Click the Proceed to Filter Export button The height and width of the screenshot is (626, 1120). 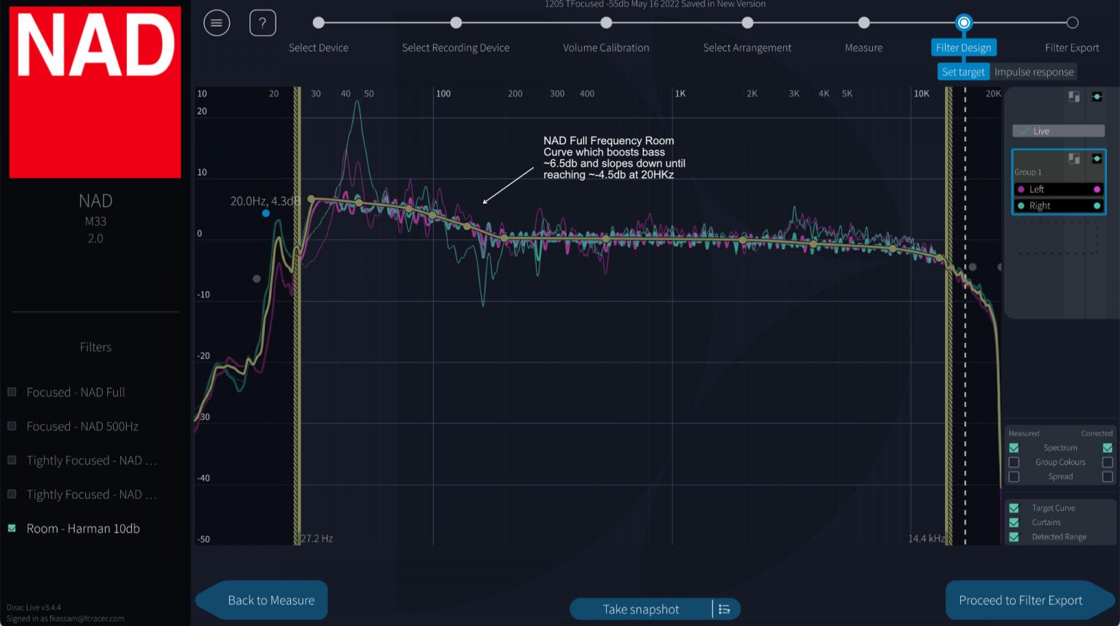point(1020,600)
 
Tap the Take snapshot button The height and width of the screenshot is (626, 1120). point(640,609)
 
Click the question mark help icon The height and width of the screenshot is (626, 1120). point(262,23)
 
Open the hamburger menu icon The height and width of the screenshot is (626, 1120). point(217,23)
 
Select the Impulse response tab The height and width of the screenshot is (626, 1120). point(1033,72)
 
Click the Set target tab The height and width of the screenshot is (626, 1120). point(962,72)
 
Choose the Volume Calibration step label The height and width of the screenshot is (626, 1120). point(605,48)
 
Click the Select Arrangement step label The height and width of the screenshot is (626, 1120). point(747,48)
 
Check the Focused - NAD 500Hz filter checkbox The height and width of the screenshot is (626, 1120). point(12,426)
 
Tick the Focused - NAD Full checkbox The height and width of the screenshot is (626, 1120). point(12,392)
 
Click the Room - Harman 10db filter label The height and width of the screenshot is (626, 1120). point(83,528)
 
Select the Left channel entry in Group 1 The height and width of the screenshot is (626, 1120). point(1036,189)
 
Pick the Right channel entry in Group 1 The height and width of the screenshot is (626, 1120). point(1040,206)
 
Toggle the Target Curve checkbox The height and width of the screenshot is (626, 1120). point(1014,508)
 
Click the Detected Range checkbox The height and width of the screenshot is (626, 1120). point(1014,537)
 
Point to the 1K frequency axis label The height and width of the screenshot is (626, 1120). point(680,93)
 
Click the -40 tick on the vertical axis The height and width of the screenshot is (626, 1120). point(203,478)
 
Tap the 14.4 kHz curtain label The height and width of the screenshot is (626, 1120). point(926,538)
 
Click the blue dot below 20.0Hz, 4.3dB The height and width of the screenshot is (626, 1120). point(266,213)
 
